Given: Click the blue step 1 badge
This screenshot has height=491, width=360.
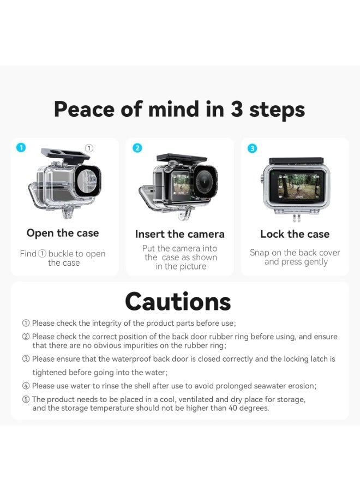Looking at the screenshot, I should [21, 147].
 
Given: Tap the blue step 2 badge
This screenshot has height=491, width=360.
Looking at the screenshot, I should [137, 147].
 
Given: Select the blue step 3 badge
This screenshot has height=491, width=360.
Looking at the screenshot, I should [252, 148].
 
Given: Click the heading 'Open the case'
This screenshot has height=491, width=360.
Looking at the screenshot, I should [63, 233].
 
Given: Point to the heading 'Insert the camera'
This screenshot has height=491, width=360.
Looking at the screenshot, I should [179, 234].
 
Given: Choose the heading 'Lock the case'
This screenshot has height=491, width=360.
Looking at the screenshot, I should [295, 234].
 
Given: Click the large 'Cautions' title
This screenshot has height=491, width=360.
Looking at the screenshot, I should [178, 301].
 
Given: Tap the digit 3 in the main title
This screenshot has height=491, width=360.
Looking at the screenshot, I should [236, 109].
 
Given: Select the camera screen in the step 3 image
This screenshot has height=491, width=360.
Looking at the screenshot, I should [296, 185].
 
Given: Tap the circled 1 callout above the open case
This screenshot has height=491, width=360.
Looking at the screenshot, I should [89, 148].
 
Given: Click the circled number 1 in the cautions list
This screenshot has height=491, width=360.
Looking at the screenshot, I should [26, 323].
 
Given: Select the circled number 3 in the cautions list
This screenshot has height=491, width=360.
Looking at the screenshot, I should [26, 359].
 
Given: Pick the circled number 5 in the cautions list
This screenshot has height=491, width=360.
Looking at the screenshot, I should [26, 399].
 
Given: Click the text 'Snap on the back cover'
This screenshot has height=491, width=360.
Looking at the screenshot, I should [295, 253].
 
